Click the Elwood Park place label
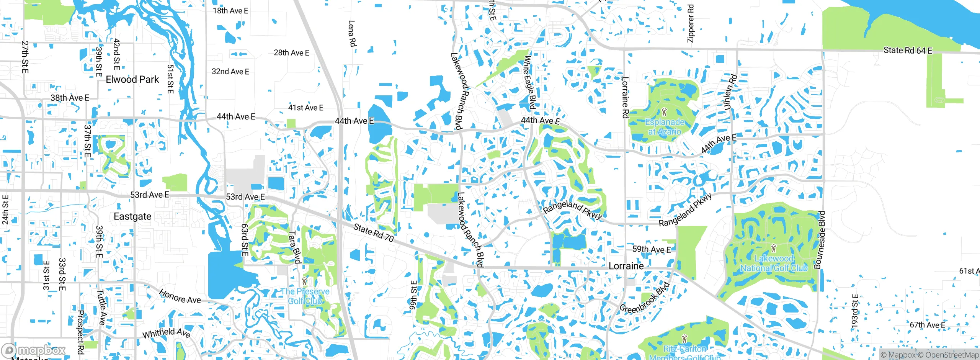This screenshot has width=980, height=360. pyautogui.click(x=132, y=80)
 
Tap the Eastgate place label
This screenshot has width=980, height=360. pyautogui.click(x=132, y=216)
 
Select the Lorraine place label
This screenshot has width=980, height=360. pyautogui.click(x=626, y=266)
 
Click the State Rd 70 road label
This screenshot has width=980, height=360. pyautogui.click(x=373, y=233)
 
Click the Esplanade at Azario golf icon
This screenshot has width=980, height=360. pyautogui.click(x=664, y=112)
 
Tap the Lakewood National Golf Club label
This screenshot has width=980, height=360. pyautogui.click(x=774, y=263)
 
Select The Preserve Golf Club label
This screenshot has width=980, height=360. pyautogui.click(x=305, y=296)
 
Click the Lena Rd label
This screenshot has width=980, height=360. pyautogui.click(x=351, y=34)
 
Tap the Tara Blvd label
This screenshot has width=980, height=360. pyautogui.click(x=294, y=247)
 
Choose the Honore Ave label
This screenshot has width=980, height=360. pyautogui.click(x=180, y=297)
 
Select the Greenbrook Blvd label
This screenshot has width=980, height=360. pyautogui.click(x=644, y=298)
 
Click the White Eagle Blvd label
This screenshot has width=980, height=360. pyautogui.click(x=529, y=82)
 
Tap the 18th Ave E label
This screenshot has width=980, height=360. pyautogui.click(x=230, y=11)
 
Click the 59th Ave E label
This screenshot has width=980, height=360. pyautogui.click(x=652, y=250)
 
